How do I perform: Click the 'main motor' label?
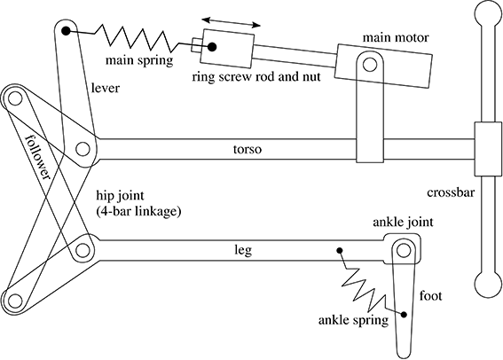396,38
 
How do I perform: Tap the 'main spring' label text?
139,60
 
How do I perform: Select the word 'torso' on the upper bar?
248,149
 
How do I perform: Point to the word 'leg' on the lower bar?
243,250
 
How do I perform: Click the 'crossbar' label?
451,192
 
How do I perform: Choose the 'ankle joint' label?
403,222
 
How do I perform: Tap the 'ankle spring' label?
353,320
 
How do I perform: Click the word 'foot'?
430,295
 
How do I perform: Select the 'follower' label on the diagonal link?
38,157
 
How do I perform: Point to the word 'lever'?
106,88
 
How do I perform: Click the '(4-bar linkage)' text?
138,212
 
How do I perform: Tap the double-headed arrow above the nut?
231,22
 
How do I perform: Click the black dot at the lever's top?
66,31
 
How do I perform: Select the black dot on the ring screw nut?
212,47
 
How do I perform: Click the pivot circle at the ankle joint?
404,250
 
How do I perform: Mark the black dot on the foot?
404,315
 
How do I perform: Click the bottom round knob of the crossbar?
488,285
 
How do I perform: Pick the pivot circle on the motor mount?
370,65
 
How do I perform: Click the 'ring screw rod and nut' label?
256,77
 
